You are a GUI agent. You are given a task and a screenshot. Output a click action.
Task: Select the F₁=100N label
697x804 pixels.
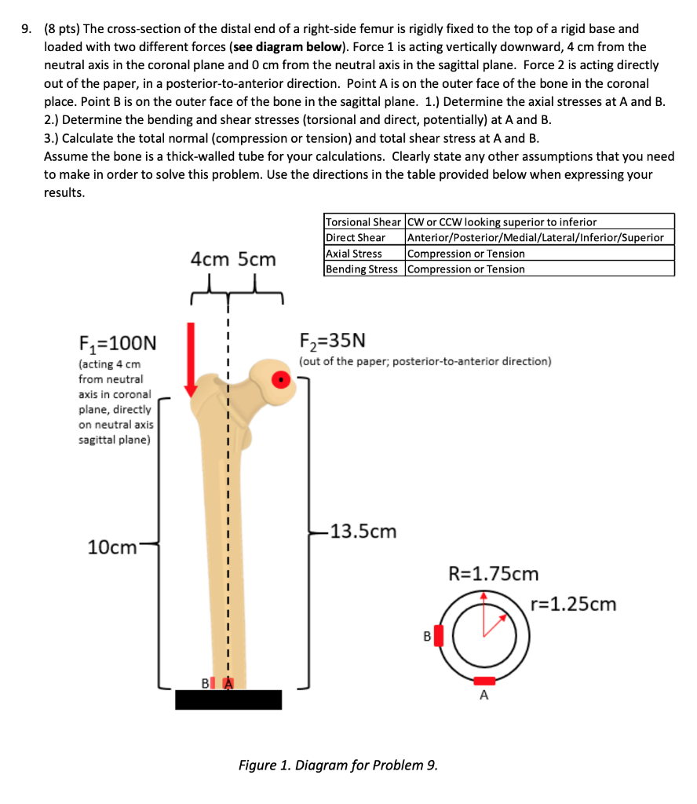118,343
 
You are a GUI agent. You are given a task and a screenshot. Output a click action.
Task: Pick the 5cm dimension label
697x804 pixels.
257,258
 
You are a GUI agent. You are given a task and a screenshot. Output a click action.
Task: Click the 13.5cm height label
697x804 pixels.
363,532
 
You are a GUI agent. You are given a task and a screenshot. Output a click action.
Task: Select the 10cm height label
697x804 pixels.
113,547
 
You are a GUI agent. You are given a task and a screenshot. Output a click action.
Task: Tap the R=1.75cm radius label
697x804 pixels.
493,573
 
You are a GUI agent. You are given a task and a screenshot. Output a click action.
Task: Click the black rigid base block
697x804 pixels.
228,700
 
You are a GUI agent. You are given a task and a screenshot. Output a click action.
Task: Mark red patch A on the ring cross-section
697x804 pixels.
484,680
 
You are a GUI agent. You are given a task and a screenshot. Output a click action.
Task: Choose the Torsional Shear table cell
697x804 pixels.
363,221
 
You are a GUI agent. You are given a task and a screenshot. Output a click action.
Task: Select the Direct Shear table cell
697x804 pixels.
356,237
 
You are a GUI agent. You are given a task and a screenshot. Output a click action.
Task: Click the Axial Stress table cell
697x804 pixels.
354,254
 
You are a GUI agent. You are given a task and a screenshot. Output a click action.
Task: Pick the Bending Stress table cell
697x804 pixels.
362,269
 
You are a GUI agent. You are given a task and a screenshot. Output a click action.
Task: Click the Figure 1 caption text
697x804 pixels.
338,765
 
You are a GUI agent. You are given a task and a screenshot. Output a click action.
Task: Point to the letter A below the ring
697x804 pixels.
484,696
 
